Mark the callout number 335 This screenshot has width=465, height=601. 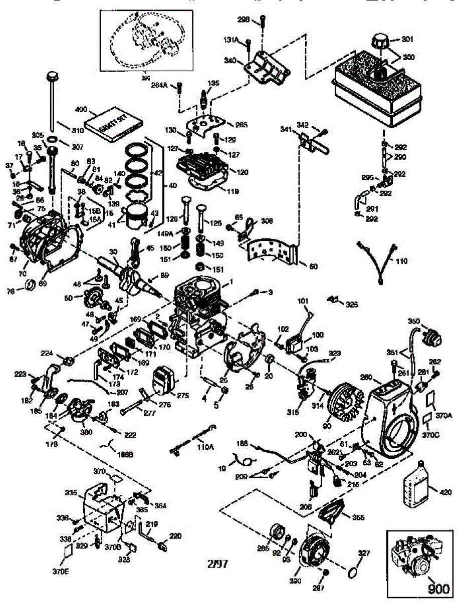coord(71,493)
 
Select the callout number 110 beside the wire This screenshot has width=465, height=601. coord(402,261)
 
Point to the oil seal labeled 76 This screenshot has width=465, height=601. coord(30,286)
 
